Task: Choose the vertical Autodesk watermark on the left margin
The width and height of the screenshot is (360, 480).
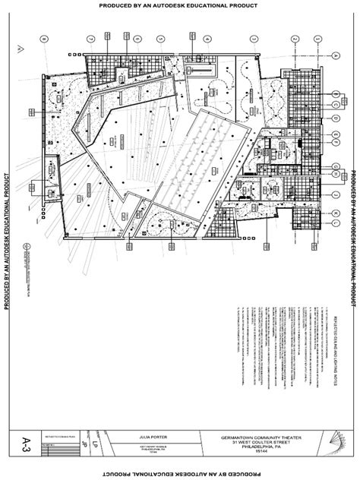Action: (x=7, y=228)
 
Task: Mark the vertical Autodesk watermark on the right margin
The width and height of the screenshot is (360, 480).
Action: (x=353, y=228)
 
